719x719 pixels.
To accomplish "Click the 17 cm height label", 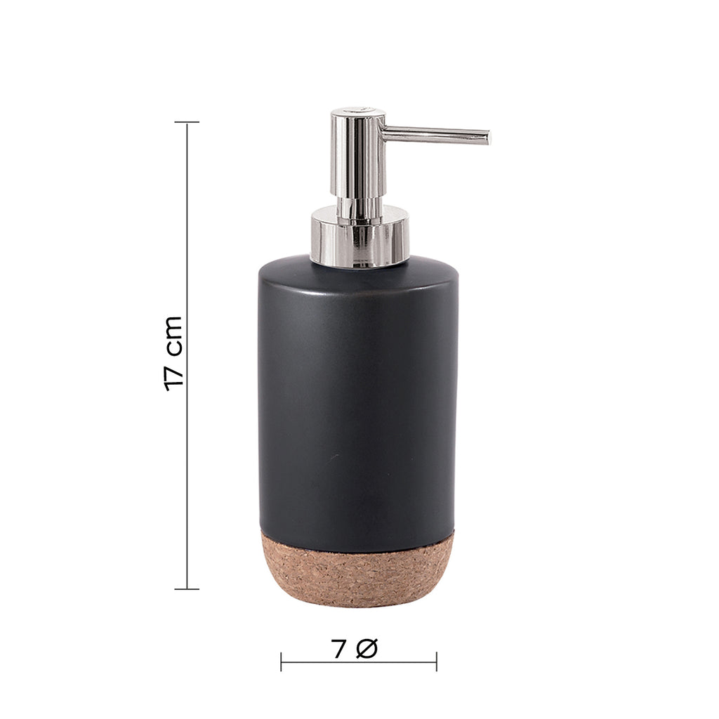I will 173,353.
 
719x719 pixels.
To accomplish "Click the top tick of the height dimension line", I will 187,122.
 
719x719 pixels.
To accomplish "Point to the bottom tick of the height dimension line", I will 187,588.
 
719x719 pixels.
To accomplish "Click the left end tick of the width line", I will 282,661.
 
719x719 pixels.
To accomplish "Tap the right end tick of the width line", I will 436,661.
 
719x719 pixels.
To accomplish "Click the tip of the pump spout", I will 487,138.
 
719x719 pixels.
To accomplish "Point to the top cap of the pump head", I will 358,112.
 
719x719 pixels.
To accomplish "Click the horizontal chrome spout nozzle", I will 435,134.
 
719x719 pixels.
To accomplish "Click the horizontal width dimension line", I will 359,661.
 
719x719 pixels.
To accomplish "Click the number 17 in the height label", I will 173,376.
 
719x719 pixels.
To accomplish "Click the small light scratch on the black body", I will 334,456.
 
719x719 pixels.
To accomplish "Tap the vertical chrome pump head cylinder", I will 358,158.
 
